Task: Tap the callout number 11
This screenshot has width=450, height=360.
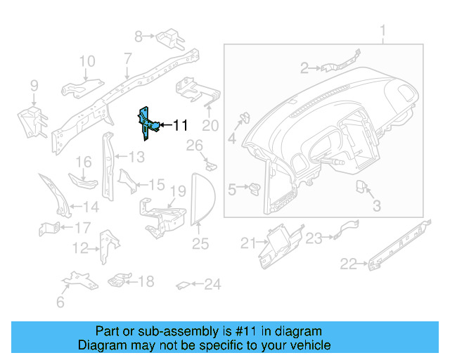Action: (180, 126)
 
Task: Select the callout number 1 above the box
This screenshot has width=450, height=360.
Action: (383, 31)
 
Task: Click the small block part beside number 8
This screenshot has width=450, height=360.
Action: (169, 35)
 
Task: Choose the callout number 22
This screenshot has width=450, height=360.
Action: (348, 264)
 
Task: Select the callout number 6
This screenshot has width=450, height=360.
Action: (60, 302)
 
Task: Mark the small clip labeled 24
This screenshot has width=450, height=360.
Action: (182, 285)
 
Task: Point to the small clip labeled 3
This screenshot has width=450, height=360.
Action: (364, 187)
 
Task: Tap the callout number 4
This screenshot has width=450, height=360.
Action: (231, 139)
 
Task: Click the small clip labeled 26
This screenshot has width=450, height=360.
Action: (211, 165)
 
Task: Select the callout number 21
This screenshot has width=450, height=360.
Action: (246, 243)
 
